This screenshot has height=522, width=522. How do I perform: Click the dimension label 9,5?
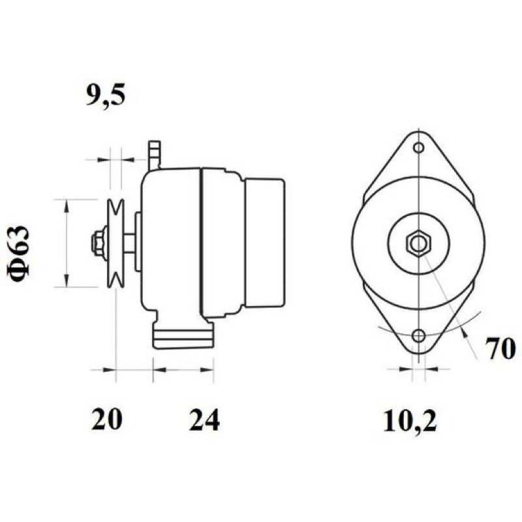pyautogui.click(x=106, y=95)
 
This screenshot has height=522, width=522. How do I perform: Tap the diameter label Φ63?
pyautogui.click(x=18, y=254)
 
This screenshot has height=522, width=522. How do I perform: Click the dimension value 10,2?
pyautogui.click(x=410, y=420)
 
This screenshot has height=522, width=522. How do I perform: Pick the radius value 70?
pyautogui.click(x=500, y=348)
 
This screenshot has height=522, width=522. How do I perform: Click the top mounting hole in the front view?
pyautogui.click(x=418, y=147)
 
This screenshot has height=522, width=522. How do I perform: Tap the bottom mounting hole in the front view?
pyautogui.click(x=418, y=336)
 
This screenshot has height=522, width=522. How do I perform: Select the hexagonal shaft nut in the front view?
pyautogui.click(x=418, y=243)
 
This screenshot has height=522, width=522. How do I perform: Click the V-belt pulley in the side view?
pyautogui.click(x=115, y=243)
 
